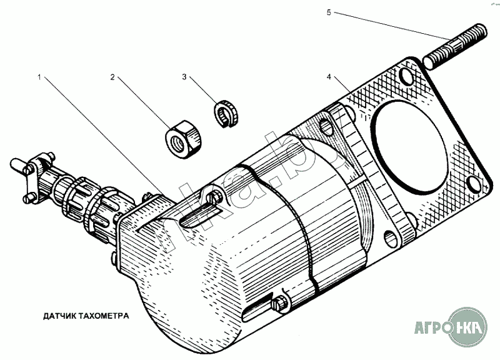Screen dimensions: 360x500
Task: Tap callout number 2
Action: pos(112,78)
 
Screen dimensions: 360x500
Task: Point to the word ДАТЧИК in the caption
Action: pos(61,316)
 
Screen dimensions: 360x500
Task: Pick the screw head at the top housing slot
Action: pos(216,200)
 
